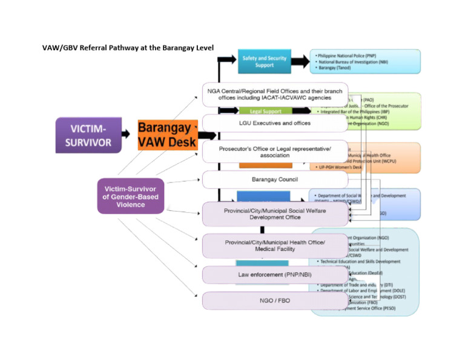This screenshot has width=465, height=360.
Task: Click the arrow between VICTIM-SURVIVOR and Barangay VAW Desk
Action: coord(125,134)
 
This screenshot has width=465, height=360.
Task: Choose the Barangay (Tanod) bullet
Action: coord(335,68)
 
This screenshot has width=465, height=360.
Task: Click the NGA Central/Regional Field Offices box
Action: coord(274,95)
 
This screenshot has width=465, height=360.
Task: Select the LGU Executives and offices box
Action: coord(274,123)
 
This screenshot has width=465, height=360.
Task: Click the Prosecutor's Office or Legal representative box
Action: coord(274,152)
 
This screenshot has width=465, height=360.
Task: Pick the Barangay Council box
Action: coord(274,179)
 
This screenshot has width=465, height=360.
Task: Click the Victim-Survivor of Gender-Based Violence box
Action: coord(131,196)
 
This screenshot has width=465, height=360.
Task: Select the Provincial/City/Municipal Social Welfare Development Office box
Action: coord(274,213)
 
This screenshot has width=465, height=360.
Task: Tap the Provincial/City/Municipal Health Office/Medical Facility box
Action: coord(274,245)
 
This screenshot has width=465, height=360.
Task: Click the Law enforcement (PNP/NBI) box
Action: coord(274,275)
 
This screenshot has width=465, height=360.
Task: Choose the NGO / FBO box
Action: coord(274,300)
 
